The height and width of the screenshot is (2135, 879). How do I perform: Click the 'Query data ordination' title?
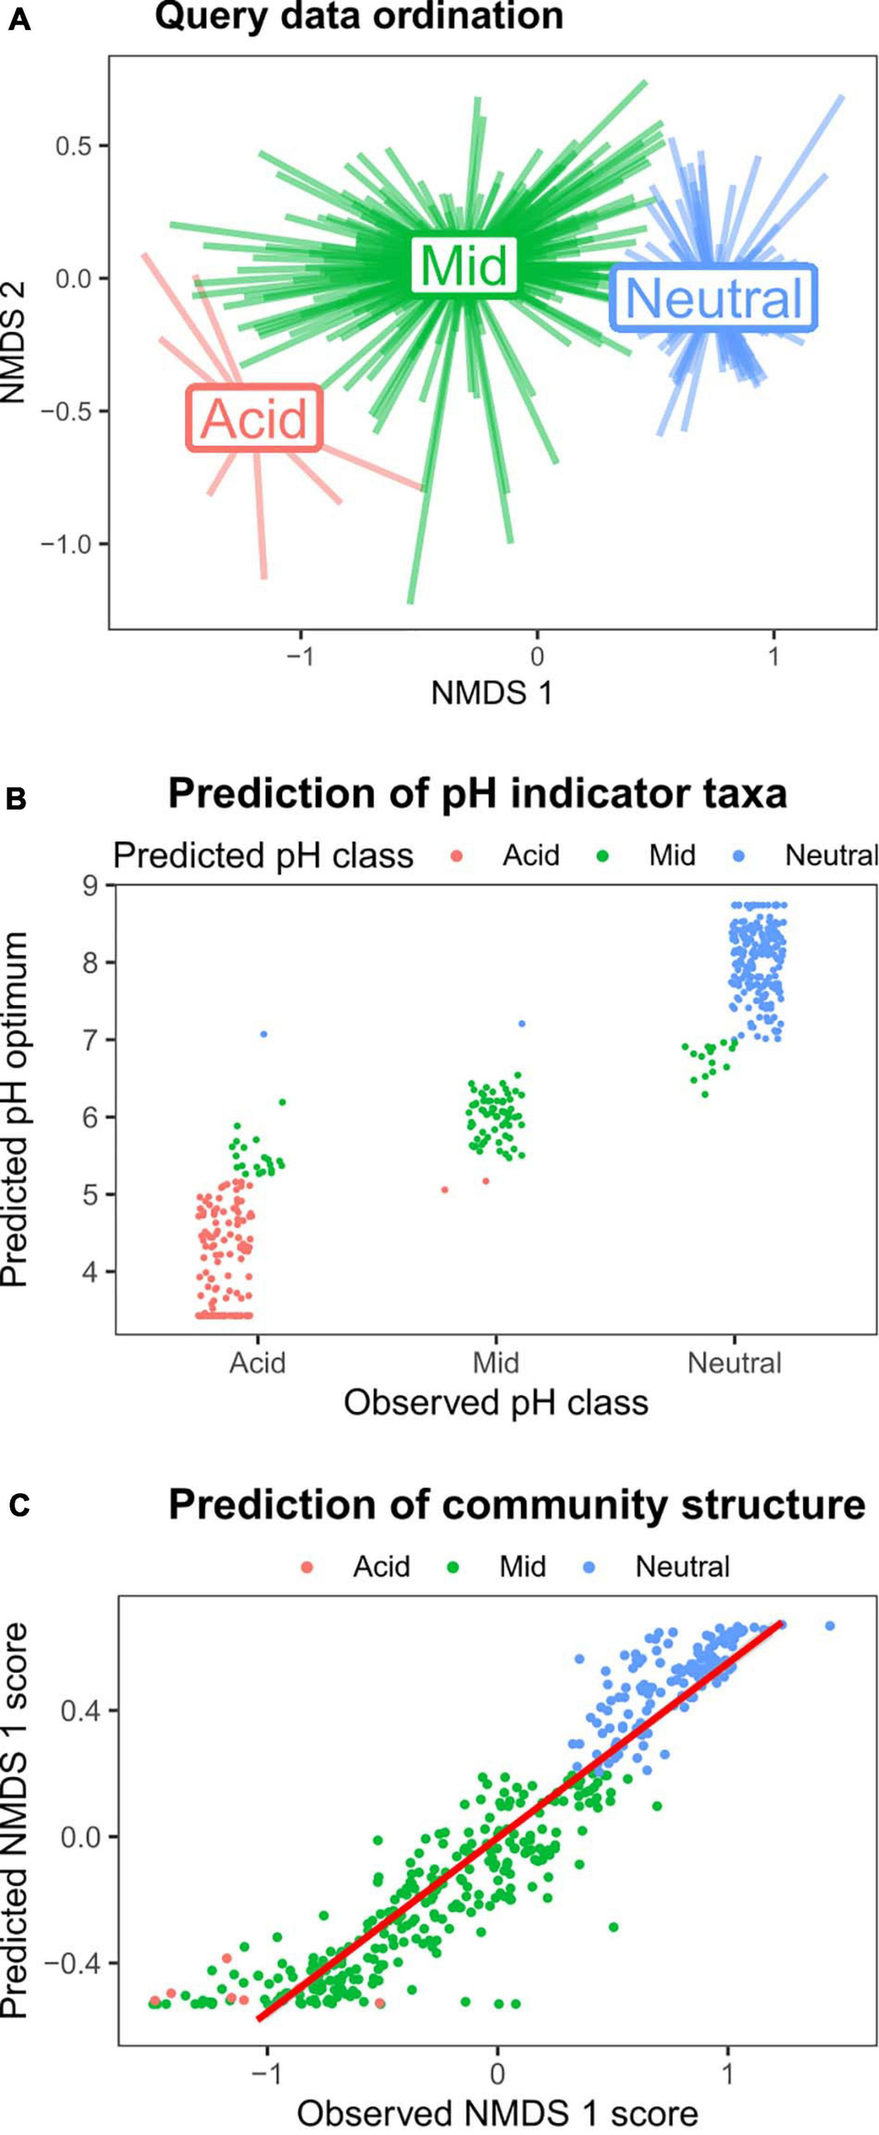pyautogui.click(x=359, y=17)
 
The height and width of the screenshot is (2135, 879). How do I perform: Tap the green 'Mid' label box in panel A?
pyautogui.click(x=464, y=266)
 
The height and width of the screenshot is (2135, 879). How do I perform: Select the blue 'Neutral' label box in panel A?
pyautogui.click(x=714, y=298)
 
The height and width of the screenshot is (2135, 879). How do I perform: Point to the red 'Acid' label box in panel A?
pyautogui.click(x=255, y=418)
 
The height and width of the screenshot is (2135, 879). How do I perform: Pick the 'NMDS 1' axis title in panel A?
pyautogui.click(x=491, y=693)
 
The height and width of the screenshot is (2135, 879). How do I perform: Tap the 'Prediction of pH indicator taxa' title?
pyautogui.click(x=478, y=794)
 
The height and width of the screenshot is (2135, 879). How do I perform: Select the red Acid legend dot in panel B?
pyautogui.click(x=457, y=857)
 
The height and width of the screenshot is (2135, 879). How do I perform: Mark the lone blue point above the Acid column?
pyautogui.click(x=264, y=1034)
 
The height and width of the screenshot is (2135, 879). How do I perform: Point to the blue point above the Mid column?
pyautogui.click(x=522, y=1024)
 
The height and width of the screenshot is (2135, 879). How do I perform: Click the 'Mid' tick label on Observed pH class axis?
pyautogui.click(x=495, y=1363)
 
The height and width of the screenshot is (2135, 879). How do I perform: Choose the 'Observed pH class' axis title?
pyautogui.click(x=495, y=1403)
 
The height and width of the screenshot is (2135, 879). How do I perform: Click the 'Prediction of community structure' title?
pyautogui.click(x=517, y=1506)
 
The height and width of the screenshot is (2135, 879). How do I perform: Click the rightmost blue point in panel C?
pyautogui.click(x=829, y=1626)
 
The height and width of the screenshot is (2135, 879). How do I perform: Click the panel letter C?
pyautogui.click(x=18, y=1506)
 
